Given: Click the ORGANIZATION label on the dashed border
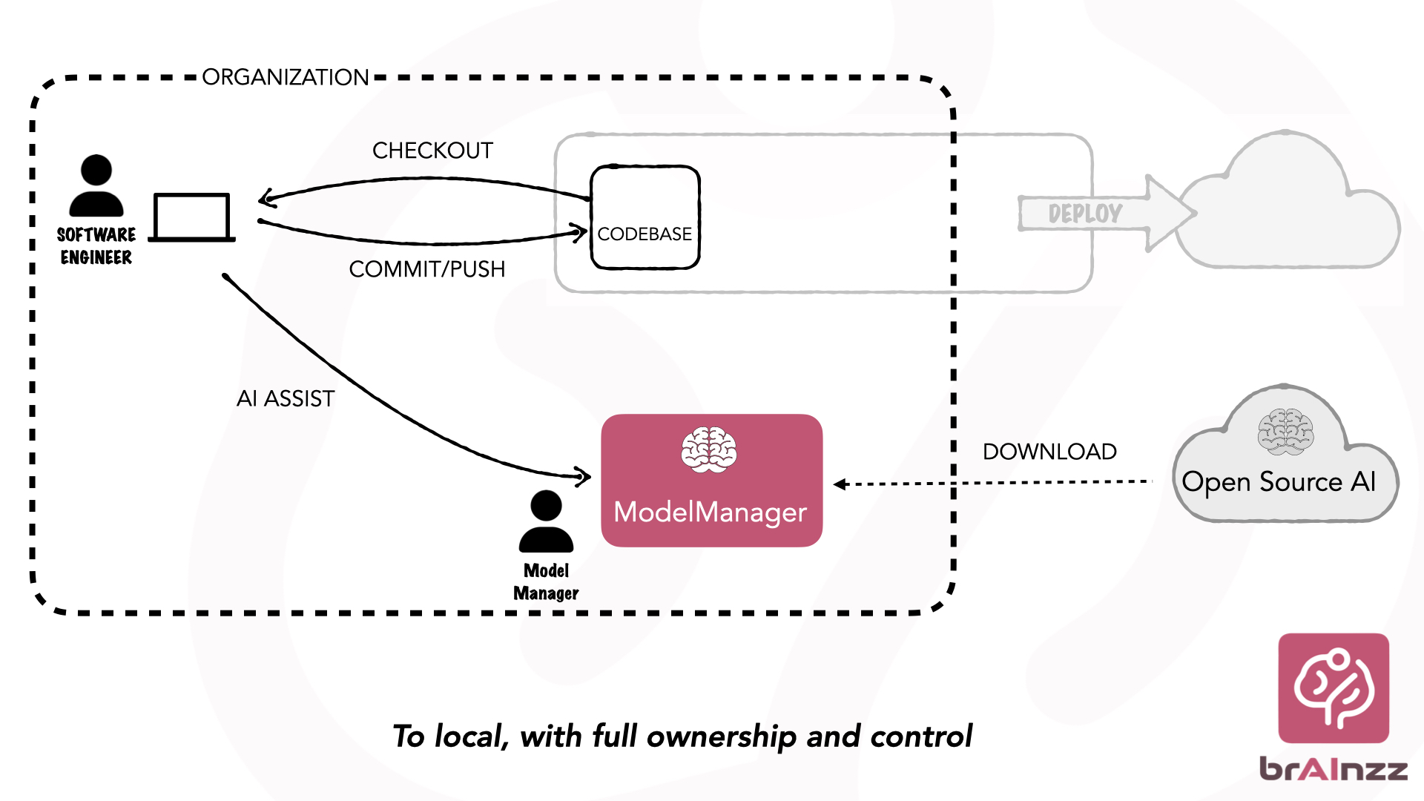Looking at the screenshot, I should (x=285, y=77).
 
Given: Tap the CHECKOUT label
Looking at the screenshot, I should (x=432, y=151).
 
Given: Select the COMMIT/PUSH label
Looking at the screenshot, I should (x=426, y=269).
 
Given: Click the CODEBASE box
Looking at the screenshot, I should (x=645, y=217).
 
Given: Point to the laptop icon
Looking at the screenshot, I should (x=191, y=217).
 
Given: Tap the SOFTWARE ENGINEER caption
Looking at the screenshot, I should (x=96, y=246).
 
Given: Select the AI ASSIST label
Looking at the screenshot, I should (x=286, y=399).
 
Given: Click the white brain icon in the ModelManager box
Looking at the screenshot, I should (x=709, y=449).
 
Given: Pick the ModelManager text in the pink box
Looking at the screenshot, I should (x=710, y=512).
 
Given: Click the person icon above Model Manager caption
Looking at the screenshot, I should (x=546, y=521).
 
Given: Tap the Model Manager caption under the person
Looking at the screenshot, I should (x=546, y=582).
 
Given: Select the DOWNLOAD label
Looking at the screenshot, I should (x=1049, y=452).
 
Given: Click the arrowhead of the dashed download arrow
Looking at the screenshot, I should (x=840, y=484).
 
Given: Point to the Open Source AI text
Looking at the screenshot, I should (x=1279, y=482).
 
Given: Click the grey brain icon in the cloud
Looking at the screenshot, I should (x=1285, y=431).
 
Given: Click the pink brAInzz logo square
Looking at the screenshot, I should (x=1334, y=688).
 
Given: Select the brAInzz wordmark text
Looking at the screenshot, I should (x=1334, y=768).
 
